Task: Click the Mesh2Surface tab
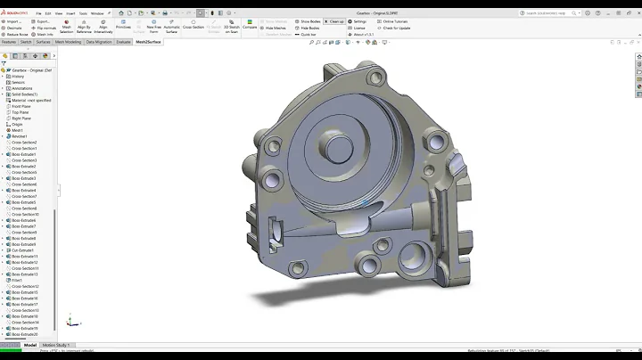click(148, 42)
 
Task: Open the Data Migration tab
click(99, 42)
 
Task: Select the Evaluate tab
click(123, 42)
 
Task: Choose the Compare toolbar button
click(250, 26)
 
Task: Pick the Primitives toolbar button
click(123, 27)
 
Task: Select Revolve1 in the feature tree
click(20, 136)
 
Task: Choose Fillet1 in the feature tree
click(18, 281)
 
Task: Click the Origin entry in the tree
click(18, 124)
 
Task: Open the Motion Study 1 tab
click(55, 345)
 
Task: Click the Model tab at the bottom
click(30, 345)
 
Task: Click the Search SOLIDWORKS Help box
click(558, 13)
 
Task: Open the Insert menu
click(69, 13)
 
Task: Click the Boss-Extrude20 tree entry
click(25, 335)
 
